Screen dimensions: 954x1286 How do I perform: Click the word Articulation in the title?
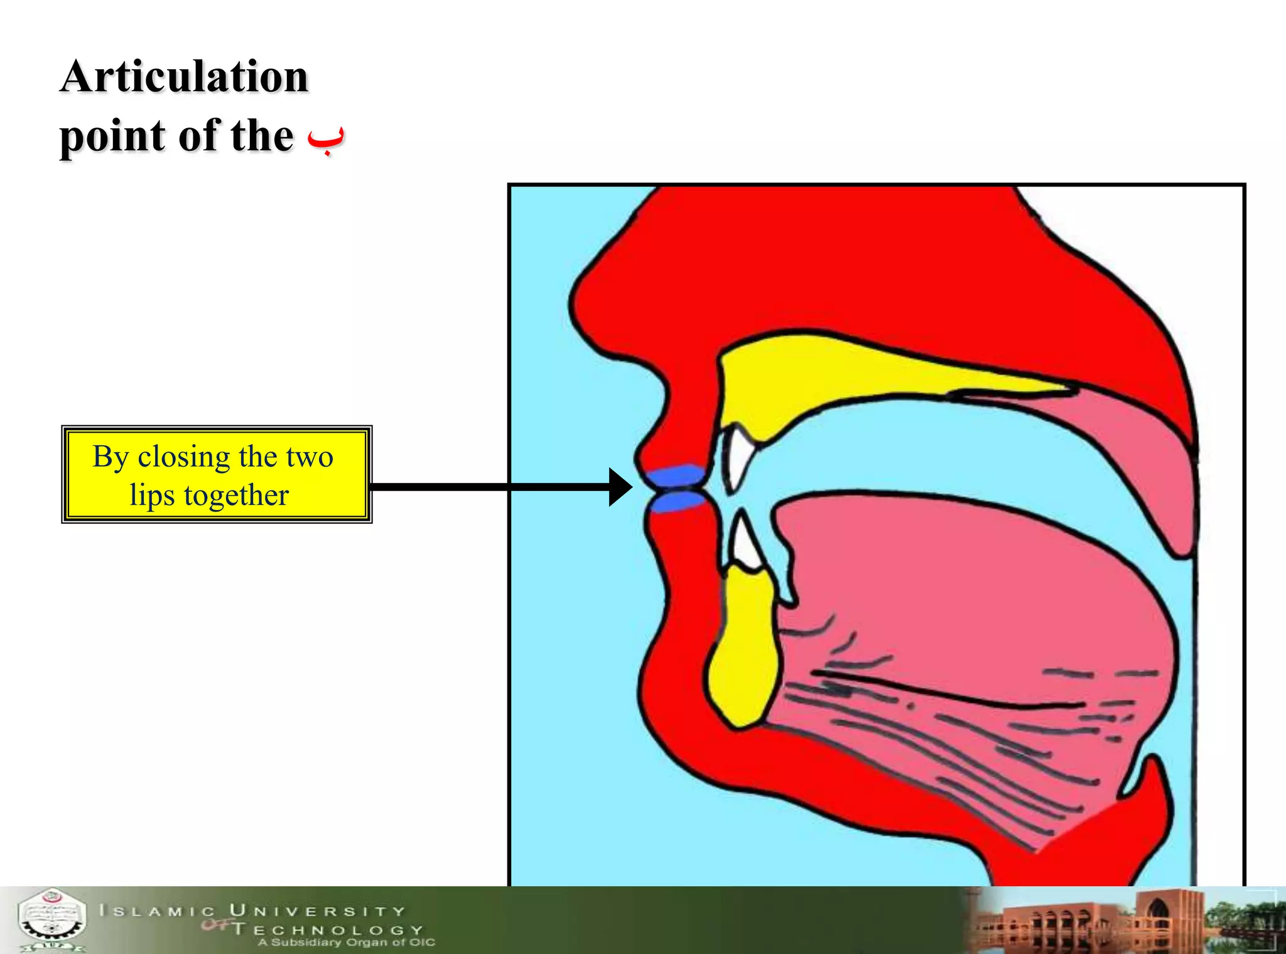pos(184,77)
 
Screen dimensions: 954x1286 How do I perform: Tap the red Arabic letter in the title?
pos(326,139)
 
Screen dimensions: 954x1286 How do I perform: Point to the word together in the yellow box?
pos(236,495)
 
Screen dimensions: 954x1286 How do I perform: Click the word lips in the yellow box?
pos(152,495)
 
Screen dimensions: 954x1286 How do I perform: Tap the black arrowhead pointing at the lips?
pos(620,487)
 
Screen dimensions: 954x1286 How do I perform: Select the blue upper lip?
pos(677,475)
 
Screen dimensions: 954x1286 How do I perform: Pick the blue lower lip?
pos(677,501)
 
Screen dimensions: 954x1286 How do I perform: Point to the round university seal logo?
pos(51,919)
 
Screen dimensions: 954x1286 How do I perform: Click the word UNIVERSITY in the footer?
pos(317,911)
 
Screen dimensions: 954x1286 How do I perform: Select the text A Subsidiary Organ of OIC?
pos(346,942)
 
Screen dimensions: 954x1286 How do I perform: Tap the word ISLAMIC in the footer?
pos(157,911)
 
